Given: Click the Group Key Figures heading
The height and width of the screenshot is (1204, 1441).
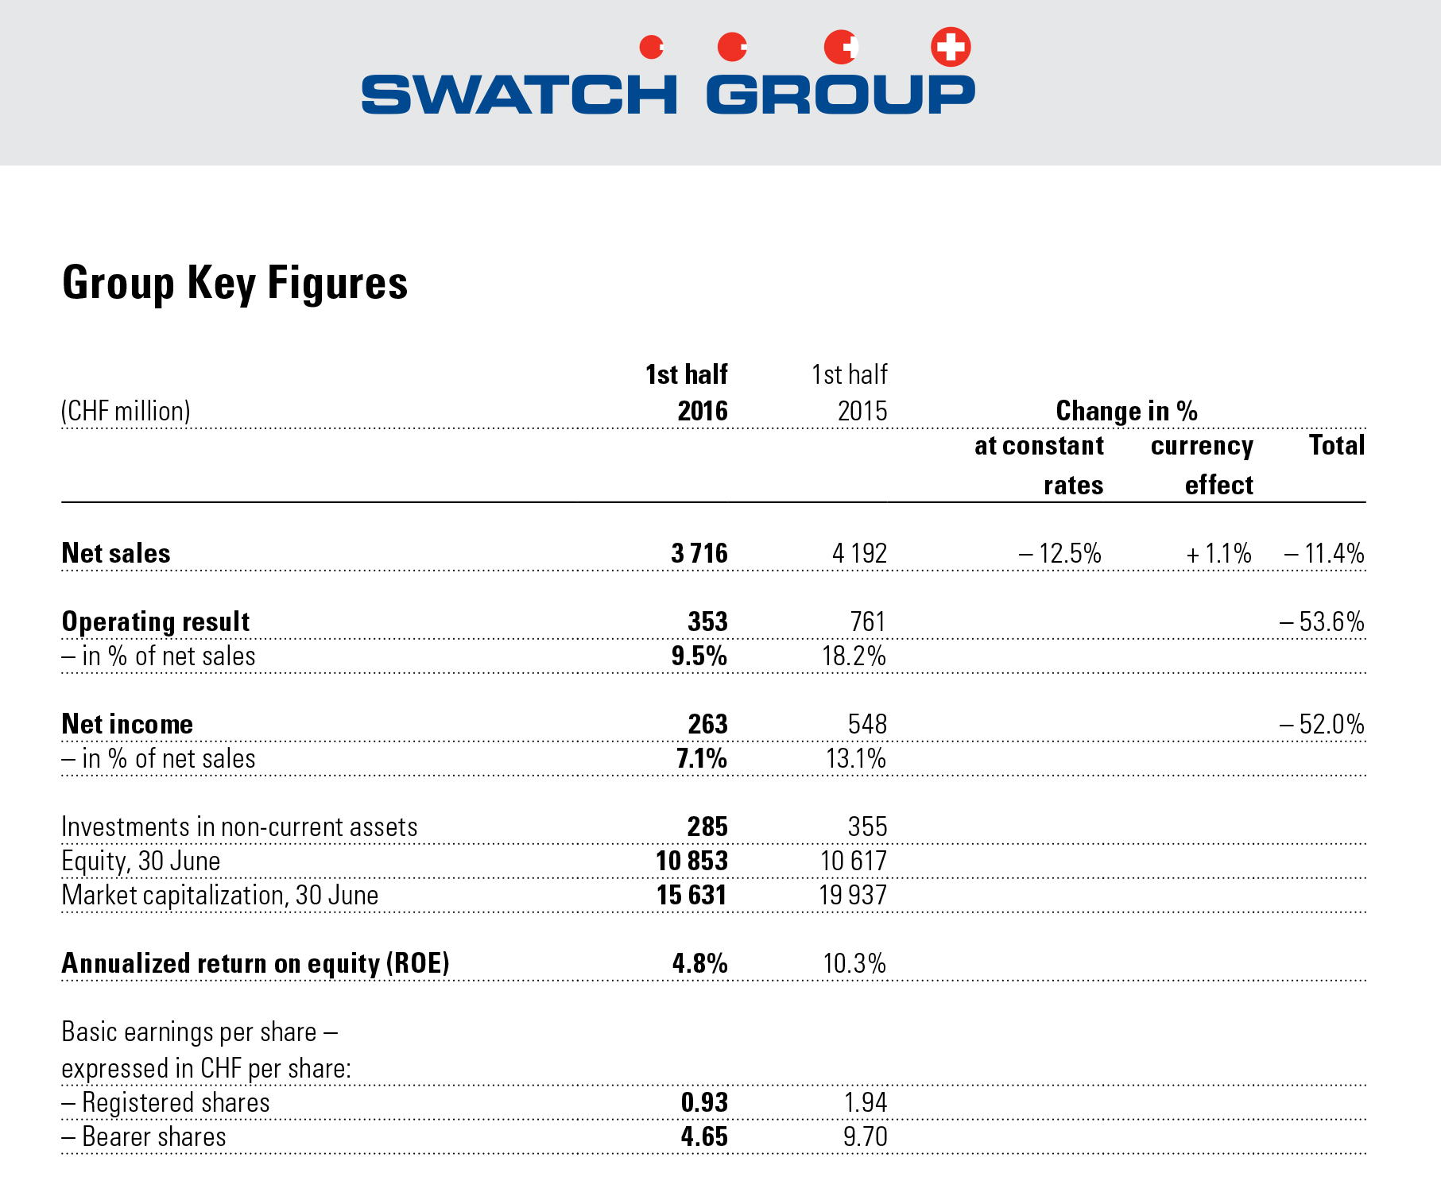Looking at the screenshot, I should coord(234,284).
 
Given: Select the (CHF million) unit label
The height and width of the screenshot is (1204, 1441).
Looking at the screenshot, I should coord(126,411).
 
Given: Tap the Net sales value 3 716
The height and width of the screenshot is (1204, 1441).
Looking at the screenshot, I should coord(699,553).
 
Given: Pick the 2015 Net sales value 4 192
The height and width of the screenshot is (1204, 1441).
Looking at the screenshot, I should coord(859,553).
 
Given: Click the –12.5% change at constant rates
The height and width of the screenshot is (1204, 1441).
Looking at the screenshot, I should coord(1059,553).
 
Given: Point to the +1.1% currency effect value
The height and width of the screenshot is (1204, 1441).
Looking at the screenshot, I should coord(1218,553).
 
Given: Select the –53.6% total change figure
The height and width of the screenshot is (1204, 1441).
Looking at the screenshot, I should coord(1322,621).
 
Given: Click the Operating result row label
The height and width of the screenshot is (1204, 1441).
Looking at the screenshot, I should coord(156,621).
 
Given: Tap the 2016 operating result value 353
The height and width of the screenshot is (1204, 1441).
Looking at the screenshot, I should coord(707,621).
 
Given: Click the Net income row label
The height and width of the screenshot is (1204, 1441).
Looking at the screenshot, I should coord(127,724).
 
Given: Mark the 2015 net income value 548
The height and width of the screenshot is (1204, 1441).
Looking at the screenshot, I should coord(867,724).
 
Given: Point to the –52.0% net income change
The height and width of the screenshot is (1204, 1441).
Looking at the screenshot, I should coord(1322,724).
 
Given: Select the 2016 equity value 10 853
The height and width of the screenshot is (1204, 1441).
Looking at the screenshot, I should coord(691,861).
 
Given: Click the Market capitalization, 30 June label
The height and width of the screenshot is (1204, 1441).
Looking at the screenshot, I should coord(219,896).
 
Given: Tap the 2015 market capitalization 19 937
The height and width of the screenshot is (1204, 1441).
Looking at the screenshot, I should coord(853,896).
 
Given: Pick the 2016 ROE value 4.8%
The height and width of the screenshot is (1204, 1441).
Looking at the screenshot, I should coord(699,963).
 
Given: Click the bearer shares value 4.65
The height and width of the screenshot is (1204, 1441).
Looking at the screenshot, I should coord(704,1136).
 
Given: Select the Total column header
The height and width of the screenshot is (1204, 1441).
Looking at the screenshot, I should coord(1337,445).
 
